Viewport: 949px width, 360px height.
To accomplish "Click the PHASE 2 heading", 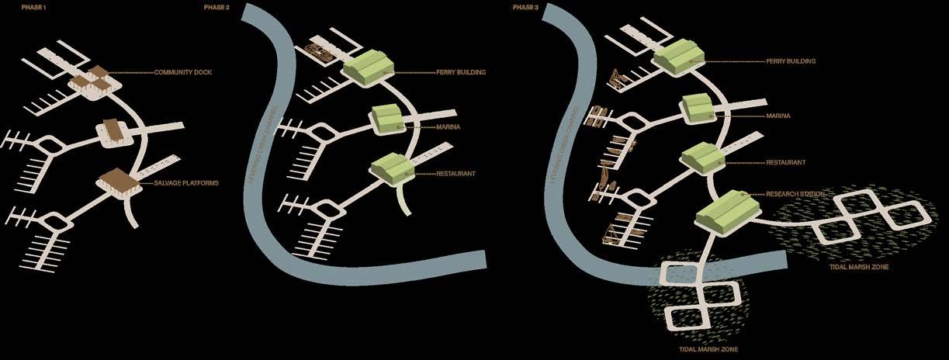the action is (215, 6).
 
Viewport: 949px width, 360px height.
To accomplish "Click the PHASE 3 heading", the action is (525, 6).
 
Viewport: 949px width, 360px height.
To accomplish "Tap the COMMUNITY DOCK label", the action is (183, 72).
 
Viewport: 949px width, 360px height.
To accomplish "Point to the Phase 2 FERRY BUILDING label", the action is (461, 72).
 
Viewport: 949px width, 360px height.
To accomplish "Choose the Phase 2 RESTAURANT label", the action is (456, 174).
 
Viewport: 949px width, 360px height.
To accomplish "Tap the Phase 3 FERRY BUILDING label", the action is (791, 61).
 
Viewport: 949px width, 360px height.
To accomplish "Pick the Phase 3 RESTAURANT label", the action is (785, 163).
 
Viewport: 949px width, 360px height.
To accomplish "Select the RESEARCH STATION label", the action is (795, 193).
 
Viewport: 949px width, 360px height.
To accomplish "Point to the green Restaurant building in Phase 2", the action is (392, 168).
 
